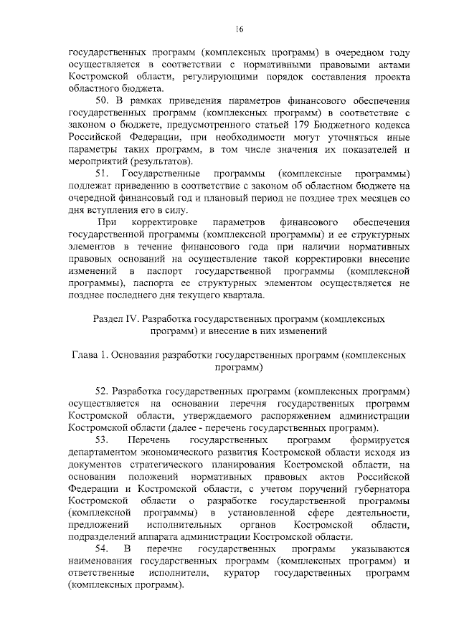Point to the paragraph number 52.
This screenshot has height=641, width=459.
(x=101, y=392)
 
